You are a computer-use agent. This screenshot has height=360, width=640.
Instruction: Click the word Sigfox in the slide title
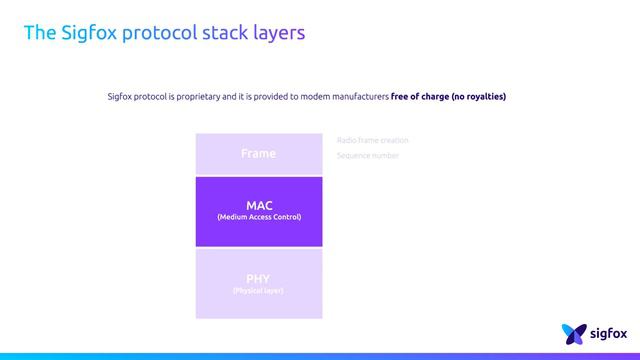click(86, 33)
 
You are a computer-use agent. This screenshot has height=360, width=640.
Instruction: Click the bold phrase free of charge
click(420, 97)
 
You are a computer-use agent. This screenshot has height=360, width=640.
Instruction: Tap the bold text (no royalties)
click(479, 97)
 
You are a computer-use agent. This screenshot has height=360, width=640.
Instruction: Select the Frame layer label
click(258, 153)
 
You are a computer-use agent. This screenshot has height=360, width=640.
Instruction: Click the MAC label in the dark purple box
click(258, 205)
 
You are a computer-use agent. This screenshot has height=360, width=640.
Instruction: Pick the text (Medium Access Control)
click(258, 217)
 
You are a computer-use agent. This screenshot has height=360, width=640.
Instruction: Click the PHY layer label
click(258, 278)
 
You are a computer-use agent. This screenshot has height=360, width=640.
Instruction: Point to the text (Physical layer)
click(258, 290)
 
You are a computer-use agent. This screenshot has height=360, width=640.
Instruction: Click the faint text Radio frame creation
click(372, 140)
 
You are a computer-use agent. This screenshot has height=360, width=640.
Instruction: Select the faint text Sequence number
click(368, 156)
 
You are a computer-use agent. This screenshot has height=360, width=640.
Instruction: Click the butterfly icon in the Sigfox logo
click(573, 333)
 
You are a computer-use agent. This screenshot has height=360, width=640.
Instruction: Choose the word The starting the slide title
click(38, 33)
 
